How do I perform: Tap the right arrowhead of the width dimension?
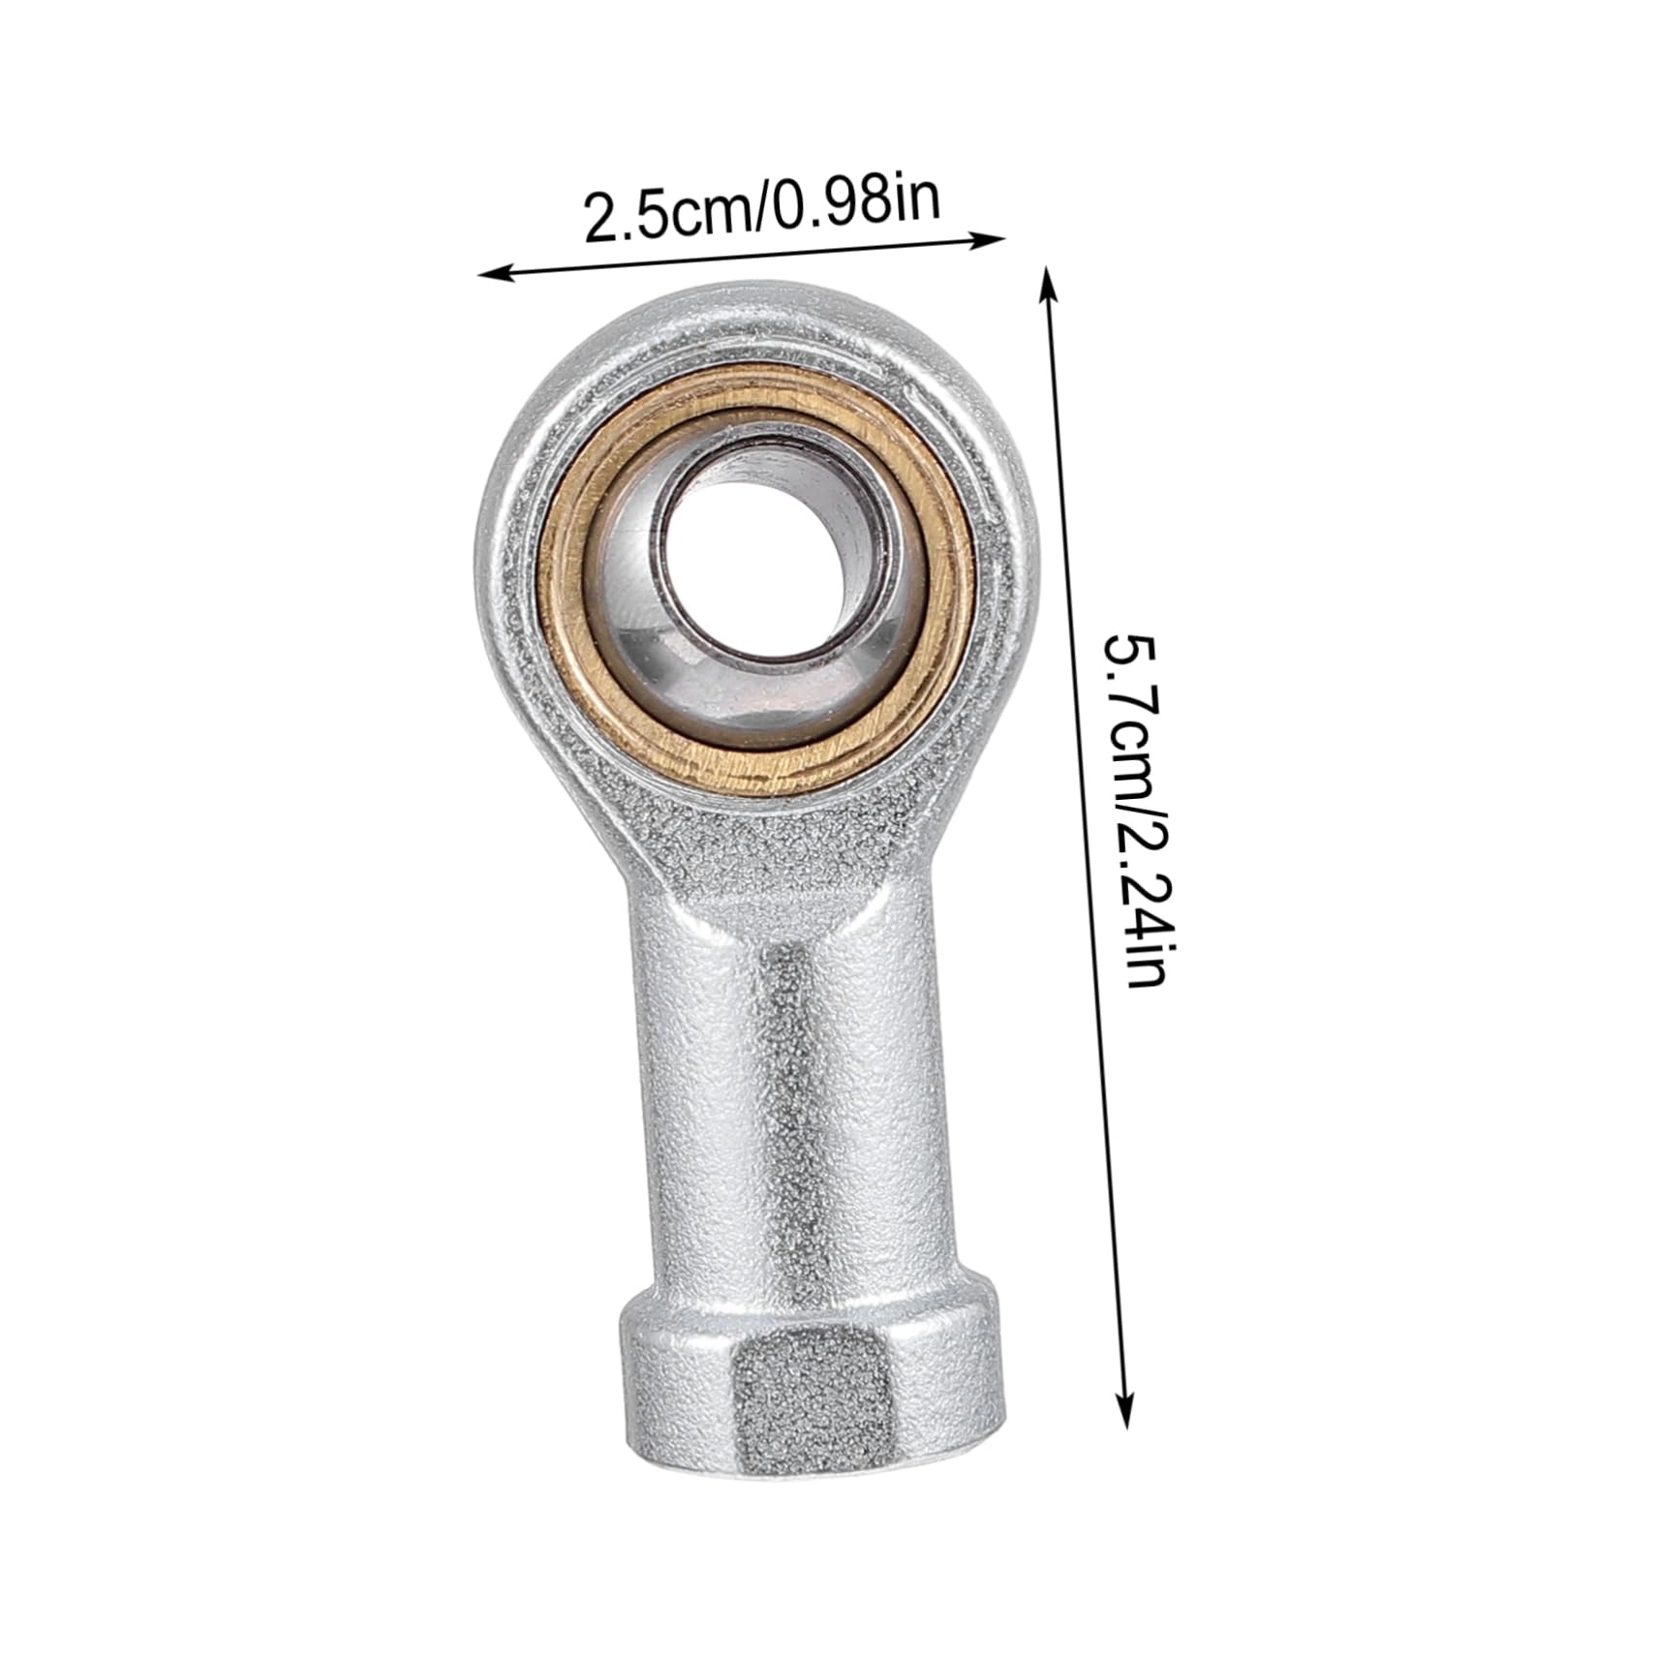coord(997,238)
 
